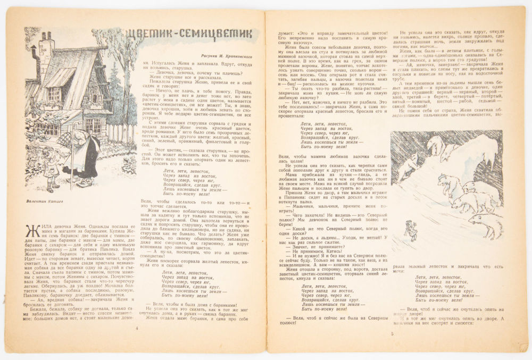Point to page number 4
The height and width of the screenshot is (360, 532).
(x=137, y=329)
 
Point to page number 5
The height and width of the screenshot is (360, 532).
(x=392, y=334)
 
